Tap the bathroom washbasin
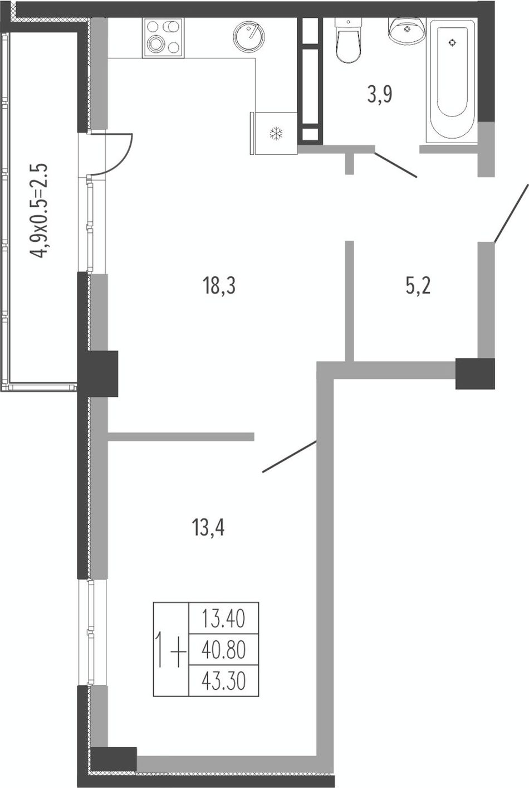(x=406, y=31)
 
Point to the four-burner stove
(x=163, y=38)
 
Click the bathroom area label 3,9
(x=380, y=94)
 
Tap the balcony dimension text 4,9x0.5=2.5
(x=38, y=210)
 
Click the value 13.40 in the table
(x=223, y=619)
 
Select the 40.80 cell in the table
(x=223, y=650)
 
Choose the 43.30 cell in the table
(x=223, y=680)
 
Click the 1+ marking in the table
(x=171, y=649)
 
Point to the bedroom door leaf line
(x=290, y=456)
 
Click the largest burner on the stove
(x=155, y=44)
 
